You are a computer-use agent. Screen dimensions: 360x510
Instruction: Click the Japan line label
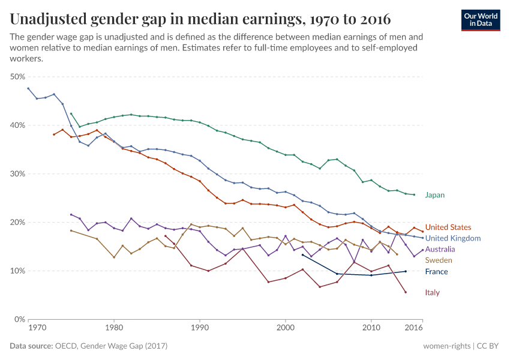point(434,195)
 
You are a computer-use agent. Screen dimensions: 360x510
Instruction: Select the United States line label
point(448,227)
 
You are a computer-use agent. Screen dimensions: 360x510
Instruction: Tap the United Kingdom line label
point(452,238)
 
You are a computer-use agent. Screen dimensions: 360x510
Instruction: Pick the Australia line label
point(440,249)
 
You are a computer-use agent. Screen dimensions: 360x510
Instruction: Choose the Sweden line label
point(438,260)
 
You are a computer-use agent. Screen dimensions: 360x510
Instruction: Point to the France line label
point(436,272)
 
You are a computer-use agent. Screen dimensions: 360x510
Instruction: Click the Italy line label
point(433,292)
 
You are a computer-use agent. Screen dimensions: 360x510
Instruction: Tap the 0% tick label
point(19,319)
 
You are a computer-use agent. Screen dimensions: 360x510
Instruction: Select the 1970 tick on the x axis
point(37,328)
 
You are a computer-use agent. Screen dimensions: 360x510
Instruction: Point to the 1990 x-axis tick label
point(200,328)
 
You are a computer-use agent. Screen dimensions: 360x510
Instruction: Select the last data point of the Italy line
point(406,292)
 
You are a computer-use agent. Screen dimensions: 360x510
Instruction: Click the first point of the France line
point(302,255)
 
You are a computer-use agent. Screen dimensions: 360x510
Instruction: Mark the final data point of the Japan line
point(414,194)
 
